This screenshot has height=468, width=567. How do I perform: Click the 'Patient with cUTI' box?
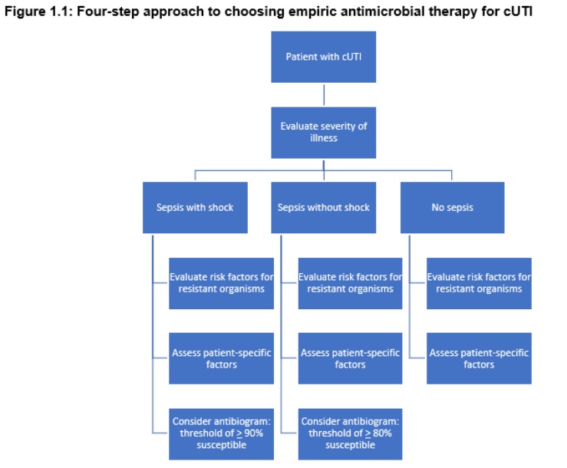(324, 57)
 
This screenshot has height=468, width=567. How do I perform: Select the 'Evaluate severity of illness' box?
(324, 132)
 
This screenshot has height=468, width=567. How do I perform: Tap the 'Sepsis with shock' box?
(195, 207)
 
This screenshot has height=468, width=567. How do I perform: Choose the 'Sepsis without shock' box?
(324, 207)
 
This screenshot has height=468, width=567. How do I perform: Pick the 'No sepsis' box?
(452, 207)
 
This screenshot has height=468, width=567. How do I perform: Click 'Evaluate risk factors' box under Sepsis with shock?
(221, 283)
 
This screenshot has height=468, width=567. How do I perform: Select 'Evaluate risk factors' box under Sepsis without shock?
(350, 283)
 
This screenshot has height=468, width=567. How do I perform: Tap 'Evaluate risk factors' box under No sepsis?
(479, 283)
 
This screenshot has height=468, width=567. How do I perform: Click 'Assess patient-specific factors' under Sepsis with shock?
(221, 358)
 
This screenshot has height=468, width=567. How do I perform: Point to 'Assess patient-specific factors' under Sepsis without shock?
(350, 358)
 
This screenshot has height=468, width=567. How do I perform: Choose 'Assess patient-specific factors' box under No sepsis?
(479, 358)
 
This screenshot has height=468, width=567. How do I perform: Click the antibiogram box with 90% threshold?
(221, 433)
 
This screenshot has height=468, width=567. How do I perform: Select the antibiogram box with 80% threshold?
(350, 433)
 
